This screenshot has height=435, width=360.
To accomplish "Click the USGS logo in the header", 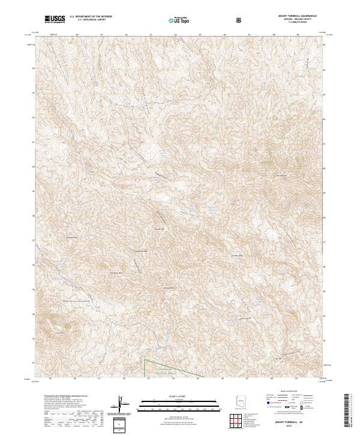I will click(55, 19).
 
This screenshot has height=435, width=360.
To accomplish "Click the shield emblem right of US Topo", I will click(240, 19).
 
